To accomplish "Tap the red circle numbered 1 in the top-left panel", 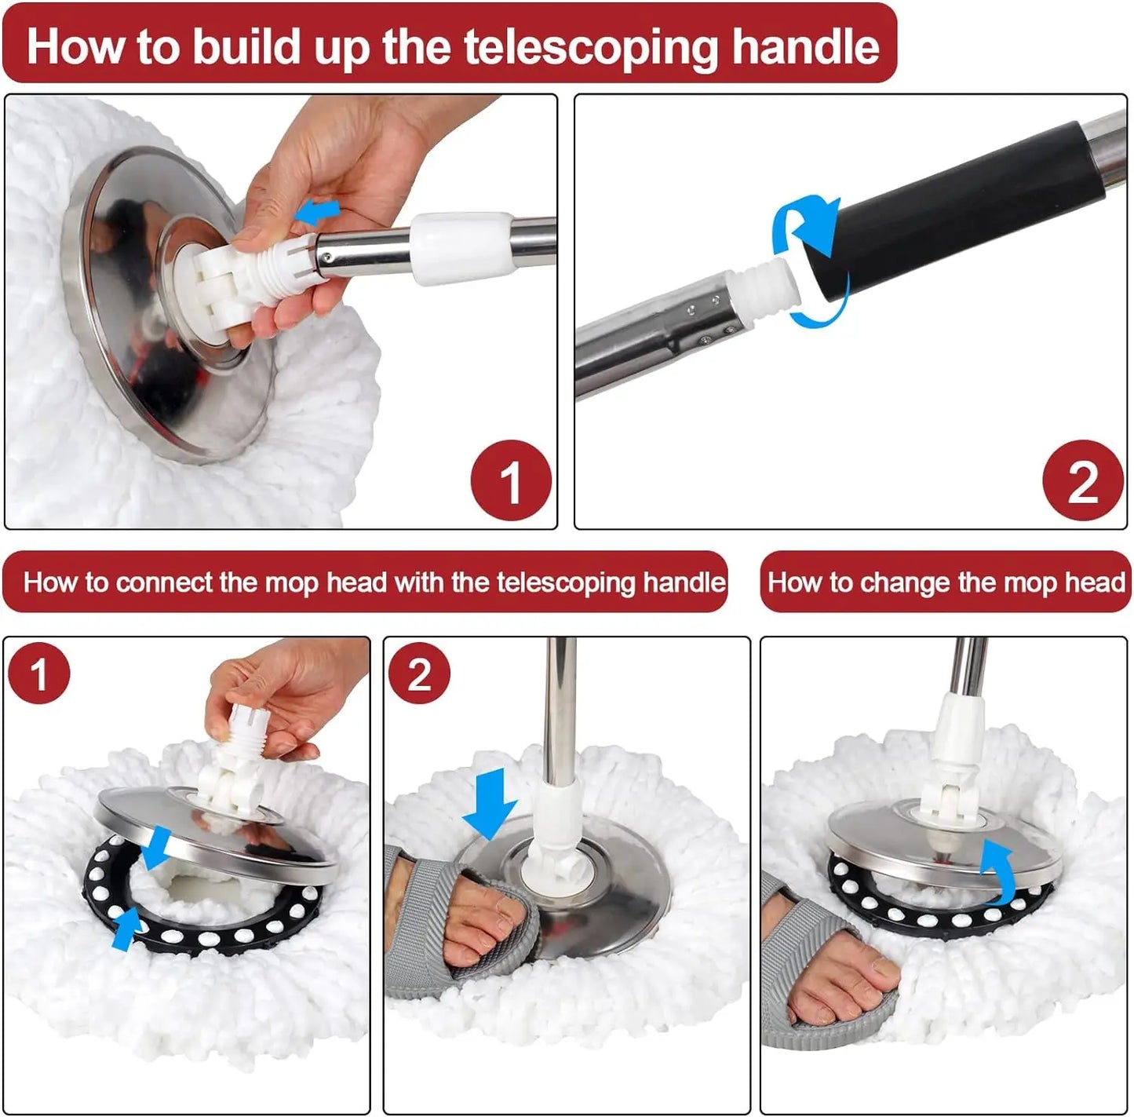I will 510,480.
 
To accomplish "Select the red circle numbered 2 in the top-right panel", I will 1082,480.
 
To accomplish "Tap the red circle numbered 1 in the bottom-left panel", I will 38,673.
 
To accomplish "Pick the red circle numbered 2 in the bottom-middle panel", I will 419,673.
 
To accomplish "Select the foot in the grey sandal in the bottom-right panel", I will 832,981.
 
